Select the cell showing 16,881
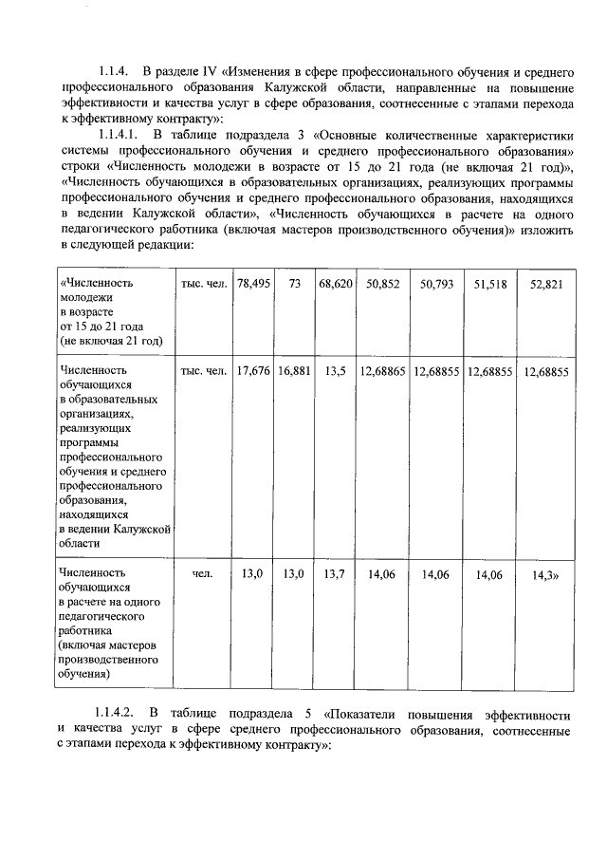[x=295, y=371]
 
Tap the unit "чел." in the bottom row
[x=203, y=574]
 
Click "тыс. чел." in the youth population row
[x=203, y=284]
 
